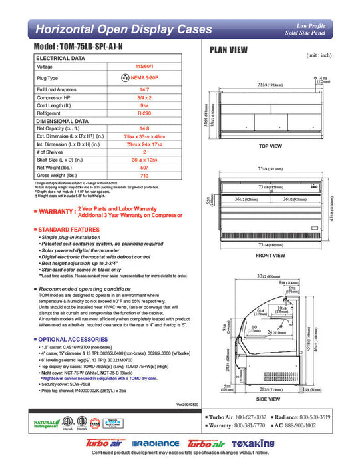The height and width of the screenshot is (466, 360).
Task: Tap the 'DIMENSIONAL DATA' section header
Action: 60,122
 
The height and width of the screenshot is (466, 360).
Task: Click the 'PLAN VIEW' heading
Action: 229,49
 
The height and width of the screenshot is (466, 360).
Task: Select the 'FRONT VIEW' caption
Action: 270,254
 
